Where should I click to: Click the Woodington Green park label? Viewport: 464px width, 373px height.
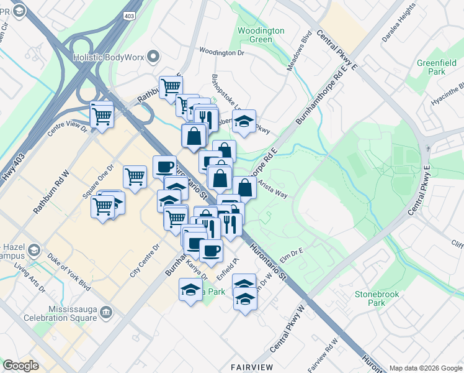pos(261,35)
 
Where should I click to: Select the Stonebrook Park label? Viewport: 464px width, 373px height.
pos(371,298)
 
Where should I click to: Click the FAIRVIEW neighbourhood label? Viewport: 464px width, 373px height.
pos(252,367)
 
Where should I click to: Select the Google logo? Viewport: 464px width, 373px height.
pos(20,366)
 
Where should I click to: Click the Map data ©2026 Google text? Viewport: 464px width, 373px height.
pos(425,368)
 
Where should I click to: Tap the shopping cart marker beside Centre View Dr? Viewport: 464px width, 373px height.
pos(102,115)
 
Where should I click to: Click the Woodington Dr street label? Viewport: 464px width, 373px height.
pos(221,53)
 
